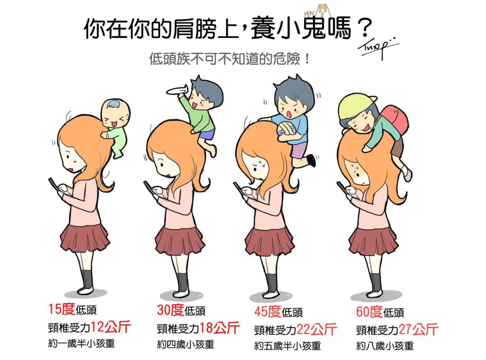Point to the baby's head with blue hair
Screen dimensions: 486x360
(115, 112)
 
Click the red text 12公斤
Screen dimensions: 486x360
(111, 327)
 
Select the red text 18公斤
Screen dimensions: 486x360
(219, 327)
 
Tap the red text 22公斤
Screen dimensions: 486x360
(316, 329)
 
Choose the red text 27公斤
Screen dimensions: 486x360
(418, 329)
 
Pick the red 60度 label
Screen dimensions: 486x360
(369, 311)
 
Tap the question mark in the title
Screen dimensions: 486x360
(363, 28)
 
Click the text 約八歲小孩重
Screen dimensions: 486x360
(384, 346)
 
